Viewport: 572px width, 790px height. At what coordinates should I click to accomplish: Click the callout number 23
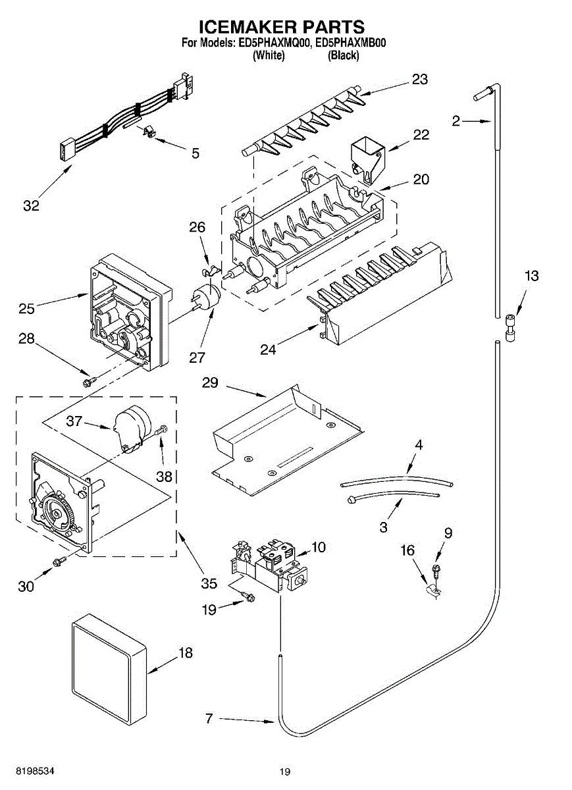[419, 80]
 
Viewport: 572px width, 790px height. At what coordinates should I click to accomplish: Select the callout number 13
[531, 276]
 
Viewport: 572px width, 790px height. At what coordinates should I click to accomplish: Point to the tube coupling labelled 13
[509, 327]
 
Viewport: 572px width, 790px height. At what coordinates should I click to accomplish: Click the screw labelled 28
[88, 381]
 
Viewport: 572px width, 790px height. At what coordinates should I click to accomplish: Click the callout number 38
[164, 476]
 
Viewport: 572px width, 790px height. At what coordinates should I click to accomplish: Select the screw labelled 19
[248, 596]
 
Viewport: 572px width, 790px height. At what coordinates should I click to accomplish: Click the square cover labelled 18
[109, 666]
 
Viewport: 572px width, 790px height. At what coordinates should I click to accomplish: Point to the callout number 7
[209, 718]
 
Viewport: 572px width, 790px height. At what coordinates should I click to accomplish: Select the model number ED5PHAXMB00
[350, 43]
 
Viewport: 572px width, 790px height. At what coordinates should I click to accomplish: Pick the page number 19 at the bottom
[284, 772]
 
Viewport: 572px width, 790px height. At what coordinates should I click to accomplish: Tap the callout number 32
[31, 205]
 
